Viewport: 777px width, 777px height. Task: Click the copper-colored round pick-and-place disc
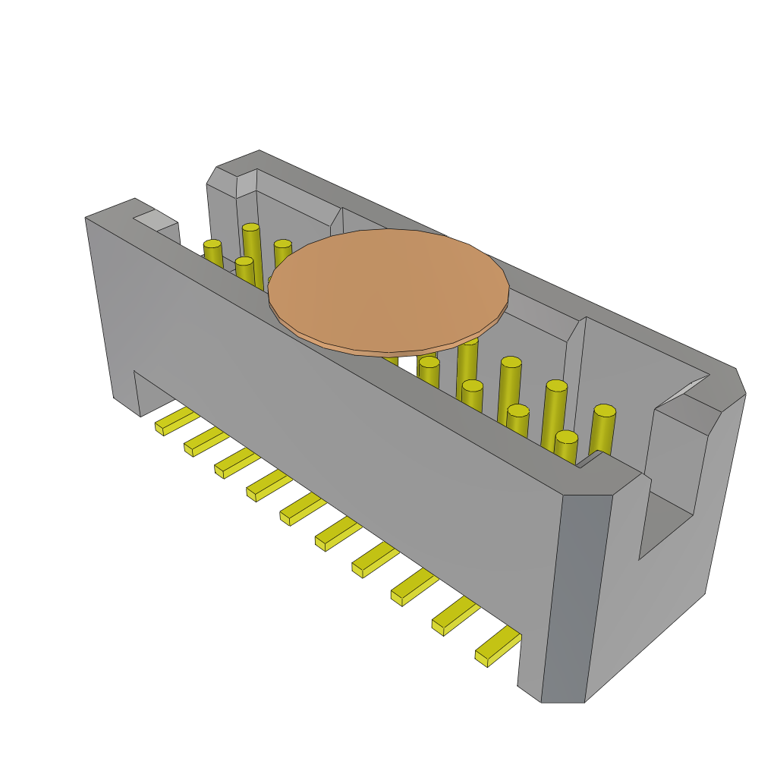[388, 288]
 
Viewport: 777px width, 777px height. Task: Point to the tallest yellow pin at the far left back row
[252, 254]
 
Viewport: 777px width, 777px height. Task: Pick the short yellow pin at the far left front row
[213, 253]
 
